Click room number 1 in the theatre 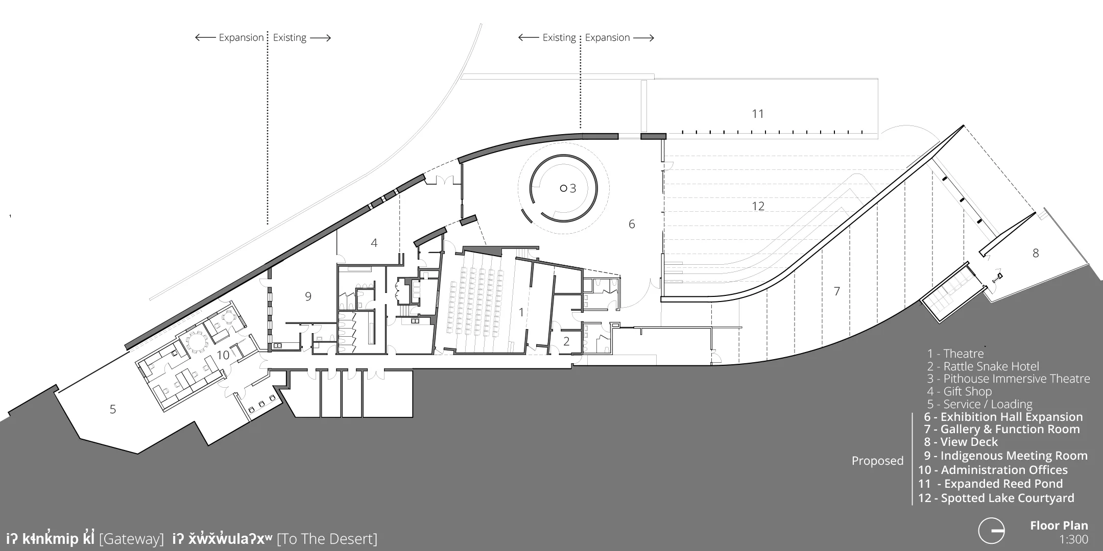(x=521, y=312)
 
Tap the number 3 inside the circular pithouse (x=573, y=189)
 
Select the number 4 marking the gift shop (x=374, y=243)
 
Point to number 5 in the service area (x=113, y=409)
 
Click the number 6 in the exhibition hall (x=632, y=224)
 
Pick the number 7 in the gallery (x=836, y=291)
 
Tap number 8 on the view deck (x=1036, y=253)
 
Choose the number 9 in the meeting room (x=308, y=296)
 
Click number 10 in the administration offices (x=223, y=355)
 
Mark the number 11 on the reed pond (x=758, y=114)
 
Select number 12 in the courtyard (x=758, y=206)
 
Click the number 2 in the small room (x=566, y=341)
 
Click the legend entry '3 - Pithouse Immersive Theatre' (x=1009, y=379)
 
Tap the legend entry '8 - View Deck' (x=961, y=442)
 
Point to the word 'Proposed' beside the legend (x=877, y=461)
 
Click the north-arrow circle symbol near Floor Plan (x=992, y=531)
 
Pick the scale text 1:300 (x=1073, y=540)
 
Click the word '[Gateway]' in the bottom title (x=132, y=539)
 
